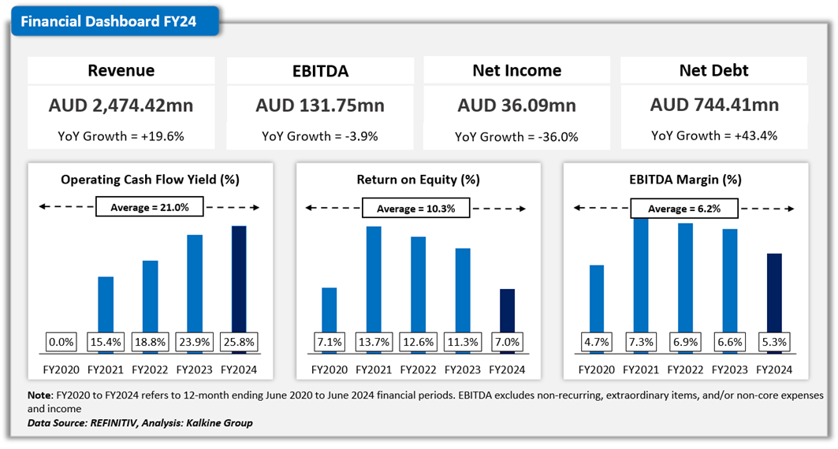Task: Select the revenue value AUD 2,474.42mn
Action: (121, 105)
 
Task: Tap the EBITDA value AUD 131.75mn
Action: (319, 105)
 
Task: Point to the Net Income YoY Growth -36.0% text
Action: (516, 136)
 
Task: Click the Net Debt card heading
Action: (714, 70)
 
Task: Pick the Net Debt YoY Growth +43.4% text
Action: (714, 135)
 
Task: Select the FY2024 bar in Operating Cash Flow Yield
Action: (238, 280)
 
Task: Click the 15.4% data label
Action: (106, 343)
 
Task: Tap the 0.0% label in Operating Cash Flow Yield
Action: (61, 343)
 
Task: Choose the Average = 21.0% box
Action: (149, 208)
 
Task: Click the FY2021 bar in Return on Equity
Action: (374, 280)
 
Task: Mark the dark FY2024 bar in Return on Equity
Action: (508, 311)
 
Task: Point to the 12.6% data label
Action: (418, 343)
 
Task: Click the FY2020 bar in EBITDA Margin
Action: (597, 299)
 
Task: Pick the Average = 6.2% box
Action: (685, 209)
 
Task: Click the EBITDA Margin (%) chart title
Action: (685, 180)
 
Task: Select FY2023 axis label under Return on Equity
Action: (463, 369)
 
